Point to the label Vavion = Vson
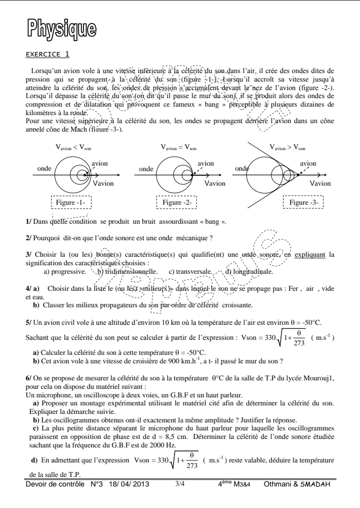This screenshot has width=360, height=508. click(177, 147)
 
